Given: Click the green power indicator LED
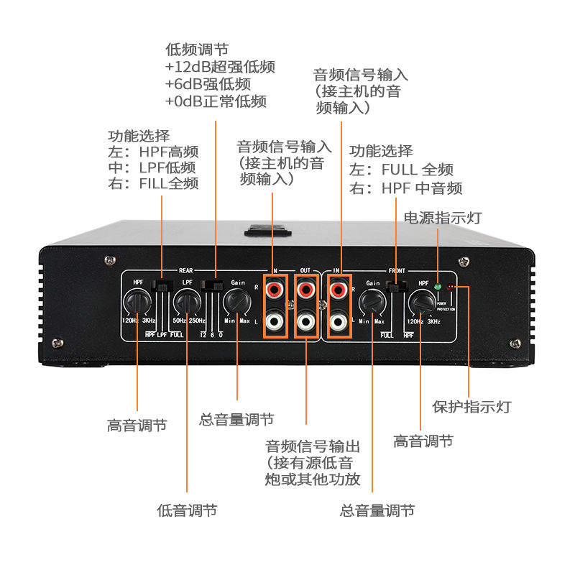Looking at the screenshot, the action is tap(437, 285).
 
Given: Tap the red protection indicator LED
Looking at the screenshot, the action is tap(451, 287).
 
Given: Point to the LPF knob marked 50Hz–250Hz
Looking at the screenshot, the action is tap(188, 303).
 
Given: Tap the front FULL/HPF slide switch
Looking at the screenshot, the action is tap(395, 286).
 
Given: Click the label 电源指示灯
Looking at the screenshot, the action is tap(443, 218).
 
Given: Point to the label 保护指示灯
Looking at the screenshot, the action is tap(471, 407).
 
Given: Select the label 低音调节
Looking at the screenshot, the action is tap(187, 510).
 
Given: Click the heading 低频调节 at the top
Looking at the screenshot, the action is tap(197, 50).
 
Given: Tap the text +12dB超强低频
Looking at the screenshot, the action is tap(220, 67).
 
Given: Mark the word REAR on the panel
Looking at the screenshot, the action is tap(186, 271).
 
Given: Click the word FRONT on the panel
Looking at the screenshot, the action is tap(396, 271).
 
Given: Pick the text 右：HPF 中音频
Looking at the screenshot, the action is tap(405, 188).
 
